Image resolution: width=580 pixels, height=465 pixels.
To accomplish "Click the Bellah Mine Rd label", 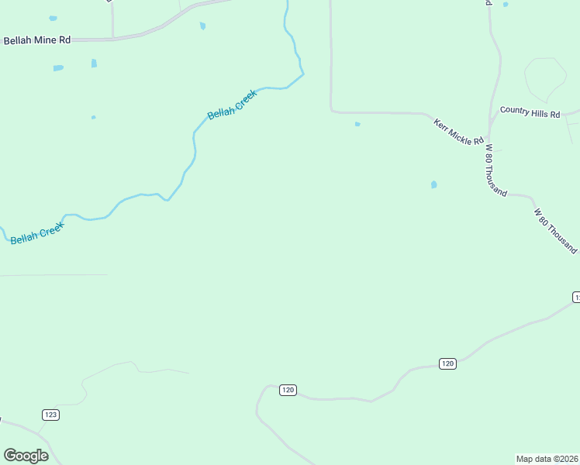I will click(36, 40).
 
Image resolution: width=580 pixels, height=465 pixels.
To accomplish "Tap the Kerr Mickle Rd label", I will click(458, 131).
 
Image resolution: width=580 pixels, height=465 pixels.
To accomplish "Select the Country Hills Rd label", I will click(530, 112).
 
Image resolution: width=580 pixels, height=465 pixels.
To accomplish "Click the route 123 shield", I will click(51, 415).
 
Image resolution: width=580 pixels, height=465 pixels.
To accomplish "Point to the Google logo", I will click(26, 456).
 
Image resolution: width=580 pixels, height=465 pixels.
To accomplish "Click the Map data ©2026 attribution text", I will click(547, 458).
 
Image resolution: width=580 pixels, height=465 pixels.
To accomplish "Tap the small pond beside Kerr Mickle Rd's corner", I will click(357, 124).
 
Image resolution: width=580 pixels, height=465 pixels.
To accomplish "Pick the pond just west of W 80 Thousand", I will click(433, 184).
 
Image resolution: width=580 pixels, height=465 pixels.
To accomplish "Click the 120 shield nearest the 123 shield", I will click(288, 390).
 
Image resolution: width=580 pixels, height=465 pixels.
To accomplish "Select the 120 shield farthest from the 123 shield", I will click(447, 363).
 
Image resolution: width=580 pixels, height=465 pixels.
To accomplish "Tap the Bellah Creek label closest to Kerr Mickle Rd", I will click(231, 105).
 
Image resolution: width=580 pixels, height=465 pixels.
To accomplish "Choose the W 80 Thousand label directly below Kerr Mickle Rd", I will click(495, 170).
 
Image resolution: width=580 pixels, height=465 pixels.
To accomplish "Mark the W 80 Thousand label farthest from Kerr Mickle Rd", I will click(556, 230).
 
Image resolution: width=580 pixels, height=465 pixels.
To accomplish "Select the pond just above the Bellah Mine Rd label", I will click(53, 18).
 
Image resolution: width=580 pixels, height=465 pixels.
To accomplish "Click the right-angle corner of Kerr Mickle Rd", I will click(332, 110).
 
